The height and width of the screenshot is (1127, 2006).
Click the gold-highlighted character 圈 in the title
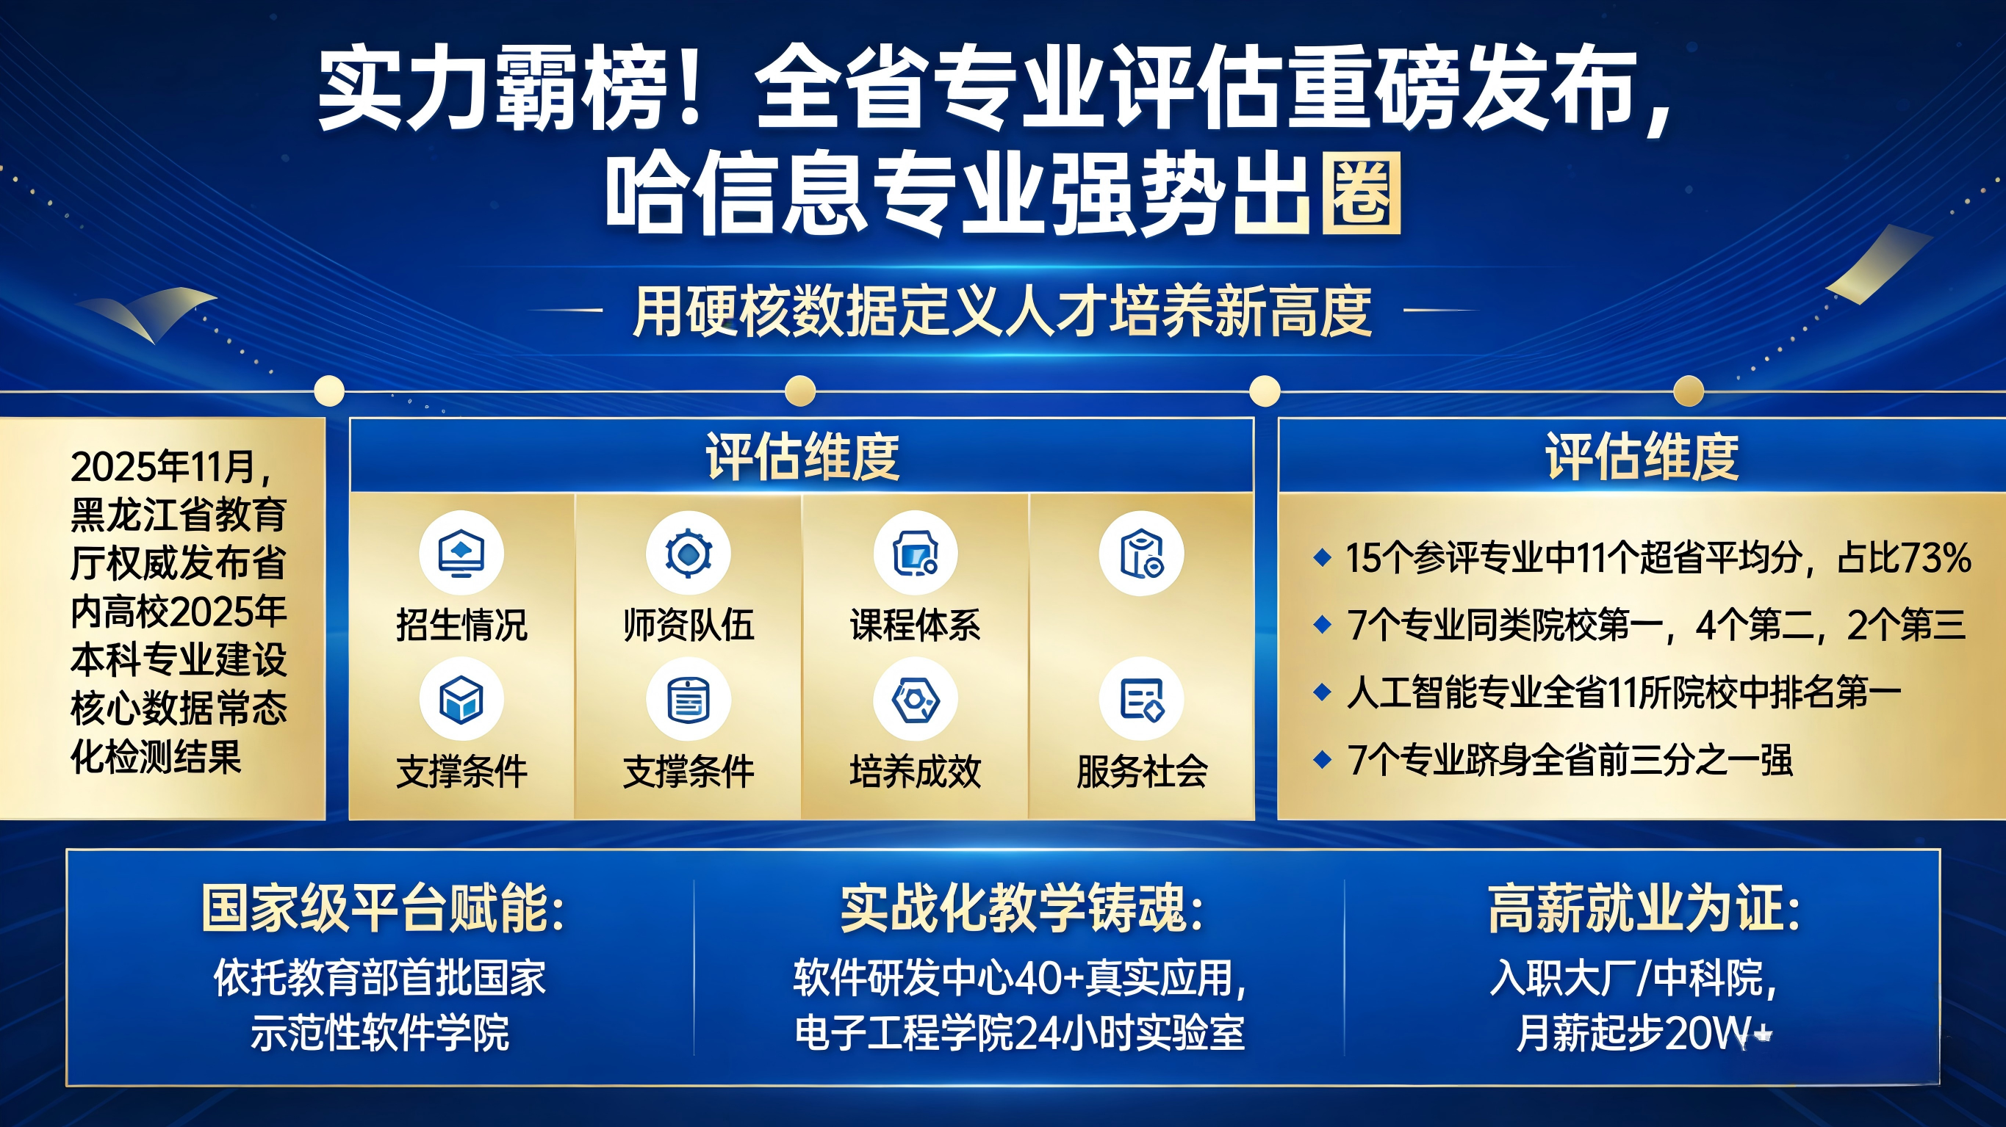point(1361,193)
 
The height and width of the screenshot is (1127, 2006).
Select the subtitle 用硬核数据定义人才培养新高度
point(1002,311)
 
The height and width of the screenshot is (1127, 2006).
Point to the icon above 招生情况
point(461,554)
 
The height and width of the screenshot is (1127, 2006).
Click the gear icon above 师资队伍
point(689,554)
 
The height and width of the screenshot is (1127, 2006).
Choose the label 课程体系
point(915,625)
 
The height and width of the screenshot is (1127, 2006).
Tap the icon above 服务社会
point(1142,699)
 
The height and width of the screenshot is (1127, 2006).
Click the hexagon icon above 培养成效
point(915,699)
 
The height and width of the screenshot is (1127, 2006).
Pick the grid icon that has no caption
point(1142,554)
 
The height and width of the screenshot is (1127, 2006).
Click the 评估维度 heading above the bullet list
point(1642,457)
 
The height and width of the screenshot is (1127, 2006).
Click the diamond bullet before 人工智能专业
point(1321,692)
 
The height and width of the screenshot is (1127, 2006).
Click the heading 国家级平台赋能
point(382,908)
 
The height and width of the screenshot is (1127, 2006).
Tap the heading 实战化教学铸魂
point(1021,908)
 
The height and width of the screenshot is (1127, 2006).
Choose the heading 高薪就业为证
point(1644,908)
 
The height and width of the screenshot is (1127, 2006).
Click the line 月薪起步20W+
point(1644,1034)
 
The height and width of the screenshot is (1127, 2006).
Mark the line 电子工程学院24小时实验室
point(1019,1034)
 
